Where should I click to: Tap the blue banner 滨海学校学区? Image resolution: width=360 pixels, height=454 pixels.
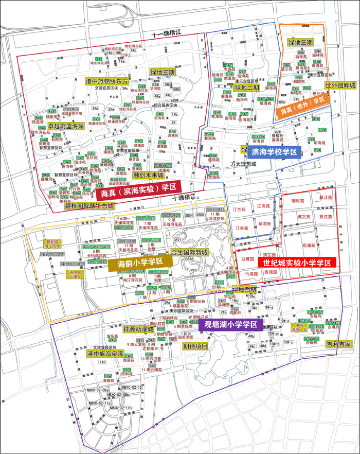[274, 152]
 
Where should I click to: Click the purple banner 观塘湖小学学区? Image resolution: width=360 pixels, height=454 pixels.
[233, 325]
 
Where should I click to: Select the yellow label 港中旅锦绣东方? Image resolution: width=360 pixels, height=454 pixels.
[107, 82]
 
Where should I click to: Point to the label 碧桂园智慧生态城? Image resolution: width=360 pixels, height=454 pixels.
[89, 205]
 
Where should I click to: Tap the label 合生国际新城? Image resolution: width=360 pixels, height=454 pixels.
[189, 253]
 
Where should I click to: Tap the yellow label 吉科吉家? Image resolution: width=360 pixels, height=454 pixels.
[341, 343]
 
